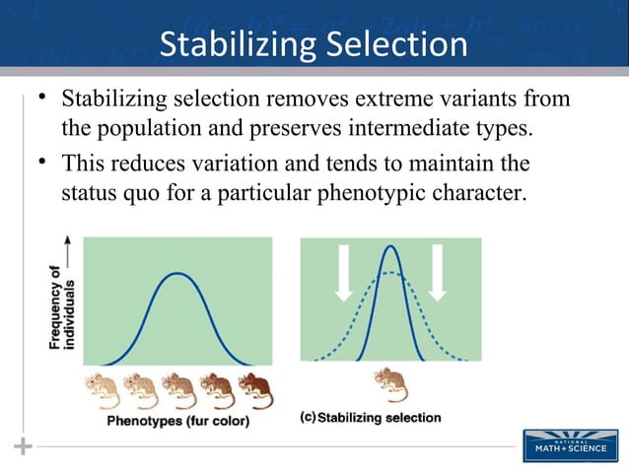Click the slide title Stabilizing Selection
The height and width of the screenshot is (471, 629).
click(x=314, y=44)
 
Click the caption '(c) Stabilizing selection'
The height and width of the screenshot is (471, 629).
click(x=370, y=417)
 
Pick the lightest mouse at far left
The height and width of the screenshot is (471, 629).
click(x=103, y=390)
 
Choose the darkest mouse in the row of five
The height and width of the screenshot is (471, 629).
click(x=255, y=390)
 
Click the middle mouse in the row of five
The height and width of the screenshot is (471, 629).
click(x=178, y=390)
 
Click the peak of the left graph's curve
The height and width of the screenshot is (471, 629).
click(x=177, y=273)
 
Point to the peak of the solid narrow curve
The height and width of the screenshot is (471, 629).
click(x=391, y=245)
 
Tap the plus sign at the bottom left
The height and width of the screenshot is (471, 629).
click(x=22, y=447)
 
